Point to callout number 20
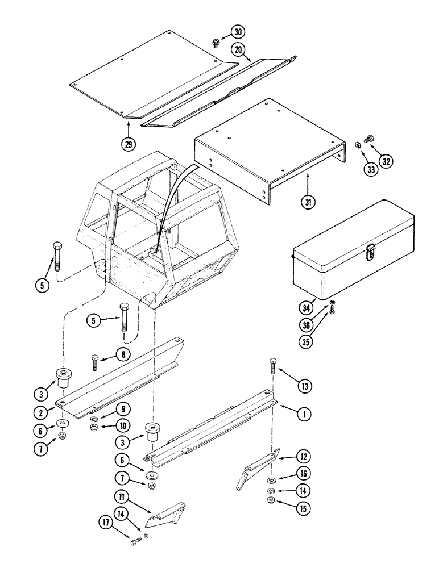point(239,51)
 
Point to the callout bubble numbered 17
point(107,538)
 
